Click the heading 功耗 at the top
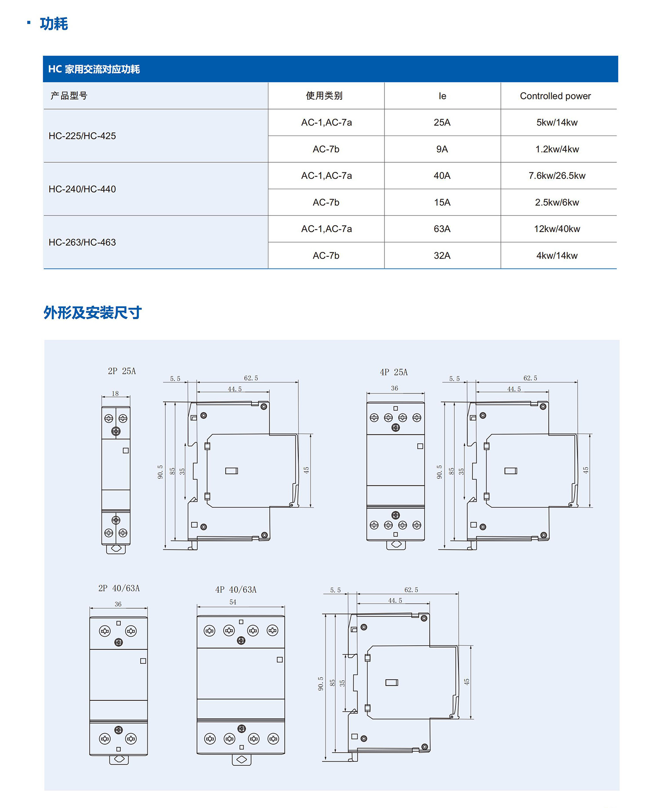[x=54, y=24]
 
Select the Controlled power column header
[x=555, y=96]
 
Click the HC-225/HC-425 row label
[x=82, y=136]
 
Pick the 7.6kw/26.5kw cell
[x=557, y=176]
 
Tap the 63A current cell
[x=442, y=229]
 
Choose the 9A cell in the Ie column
[x=442, y=149]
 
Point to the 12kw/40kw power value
[x=557, y=229]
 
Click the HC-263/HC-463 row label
[x=82, y=242]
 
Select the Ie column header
[x=442, y=96]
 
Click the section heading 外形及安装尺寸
[x=92, y=313]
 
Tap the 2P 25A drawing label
[x=122, y=371]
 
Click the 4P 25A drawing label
[x=394, y=372]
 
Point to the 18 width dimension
[x=115, y=394]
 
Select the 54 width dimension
[x=233, y=602]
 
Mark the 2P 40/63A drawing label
[x=119, y=589]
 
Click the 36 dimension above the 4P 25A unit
[x=395, y=388]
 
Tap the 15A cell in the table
[x=442, y=203]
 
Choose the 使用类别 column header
[x=324, y=96]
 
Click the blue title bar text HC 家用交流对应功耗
[x=94, y=69]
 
